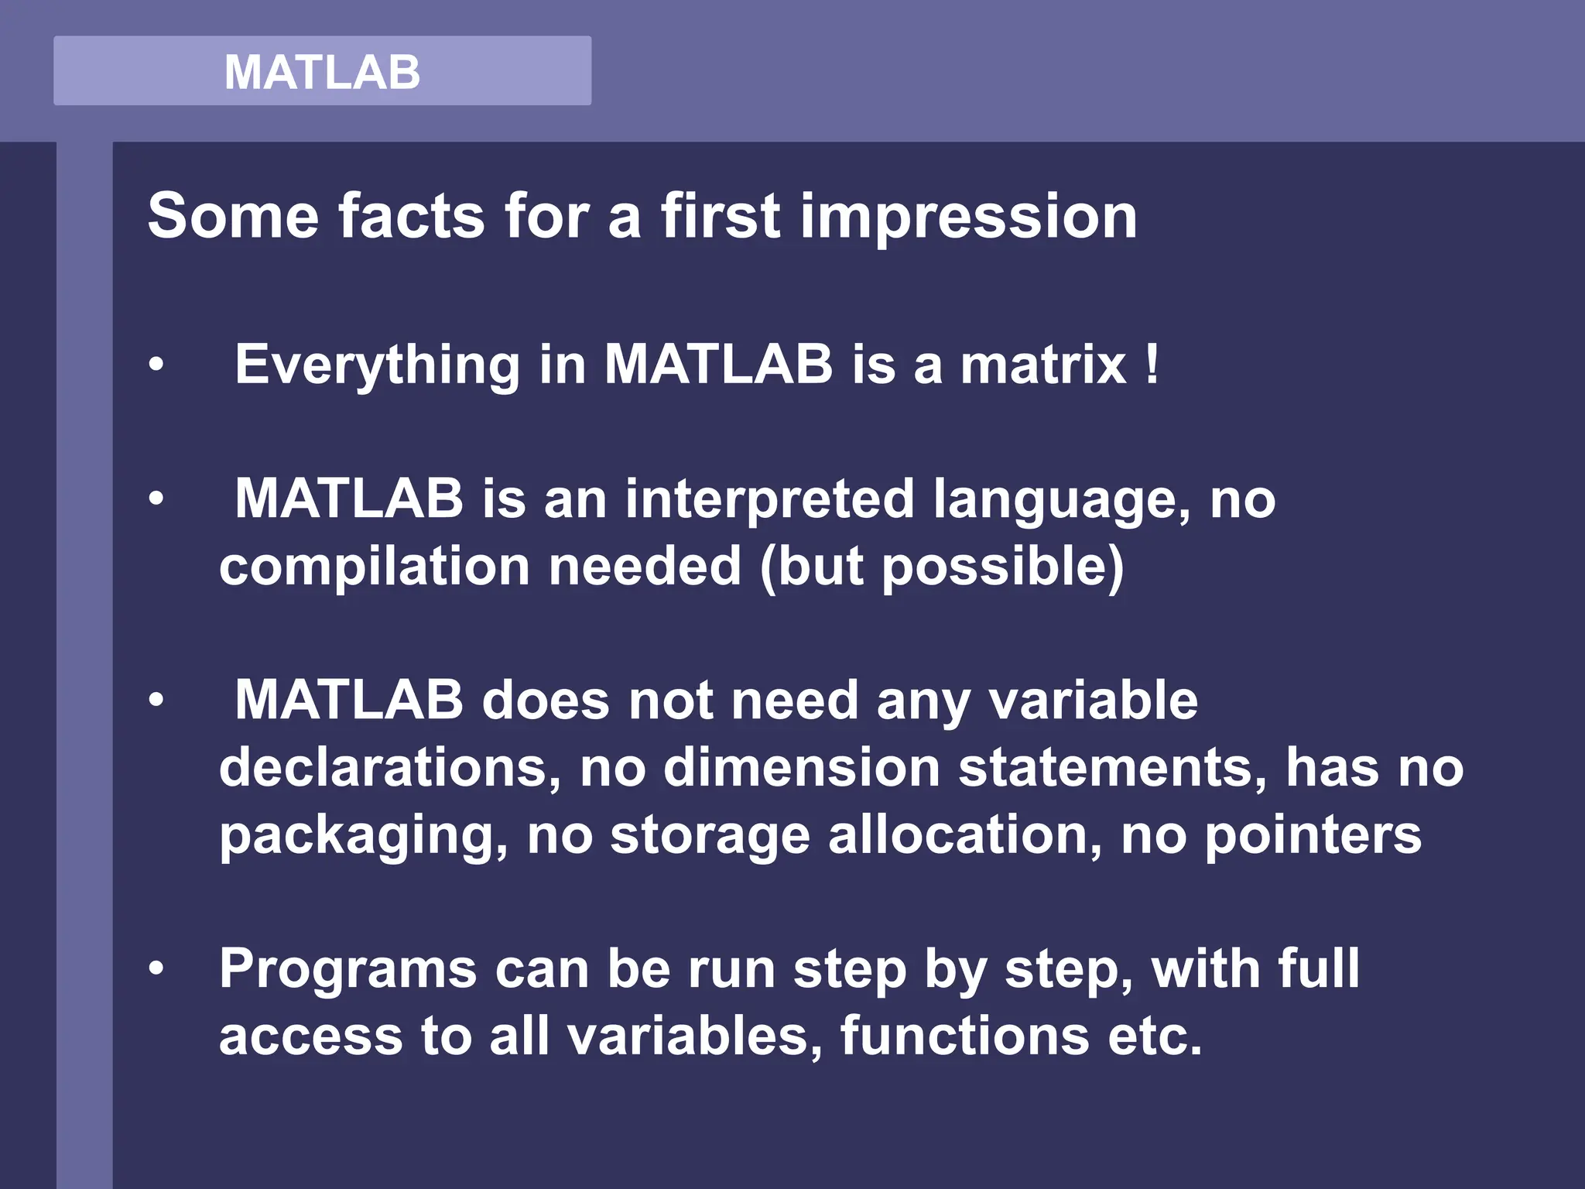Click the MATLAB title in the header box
(322, 72)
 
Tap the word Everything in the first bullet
(377, 365)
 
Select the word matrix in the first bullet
(1043, 364)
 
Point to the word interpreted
(770, 499)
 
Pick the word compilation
(375, 567)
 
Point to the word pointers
(1313, 835)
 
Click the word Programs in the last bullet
(347, 969)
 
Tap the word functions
(965, 1036)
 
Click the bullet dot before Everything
(157, 364)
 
